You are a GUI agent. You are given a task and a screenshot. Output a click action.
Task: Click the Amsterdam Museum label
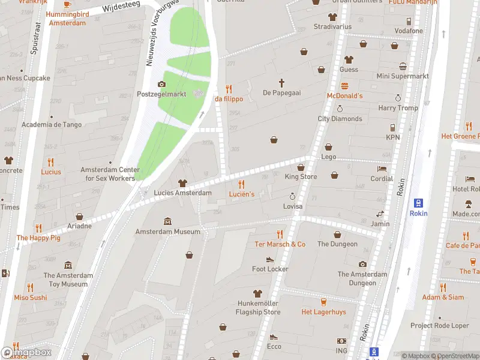pos(167,232)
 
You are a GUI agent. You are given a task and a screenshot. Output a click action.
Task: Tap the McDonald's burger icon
pos(344,85)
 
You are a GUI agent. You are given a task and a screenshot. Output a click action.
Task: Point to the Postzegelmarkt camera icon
pos(161,84)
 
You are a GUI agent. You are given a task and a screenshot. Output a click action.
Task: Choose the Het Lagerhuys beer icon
pos(323,301)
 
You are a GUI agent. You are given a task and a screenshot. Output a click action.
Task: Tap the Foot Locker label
pos(270,269)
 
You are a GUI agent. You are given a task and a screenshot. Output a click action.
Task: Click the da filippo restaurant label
pos(229,99)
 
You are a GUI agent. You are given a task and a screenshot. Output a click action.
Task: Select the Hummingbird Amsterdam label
pos(66,19)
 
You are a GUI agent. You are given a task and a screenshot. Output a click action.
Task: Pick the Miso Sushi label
pos(30,298)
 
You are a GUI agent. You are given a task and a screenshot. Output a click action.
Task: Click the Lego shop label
pos(328,157)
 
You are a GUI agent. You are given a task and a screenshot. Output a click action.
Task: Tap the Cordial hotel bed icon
pos(382,169)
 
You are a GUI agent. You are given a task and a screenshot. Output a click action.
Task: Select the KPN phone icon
pos(392,127)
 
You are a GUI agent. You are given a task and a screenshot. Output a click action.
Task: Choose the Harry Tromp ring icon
pos(398,98)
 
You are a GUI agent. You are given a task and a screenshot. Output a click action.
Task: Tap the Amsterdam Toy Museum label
pos(68,280)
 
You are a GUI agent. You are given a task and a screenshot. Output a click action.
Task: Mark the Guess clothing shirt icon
pos(349,59)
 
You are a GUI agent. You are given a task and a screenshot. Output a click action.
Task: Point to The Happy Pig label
pos(38,238)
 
